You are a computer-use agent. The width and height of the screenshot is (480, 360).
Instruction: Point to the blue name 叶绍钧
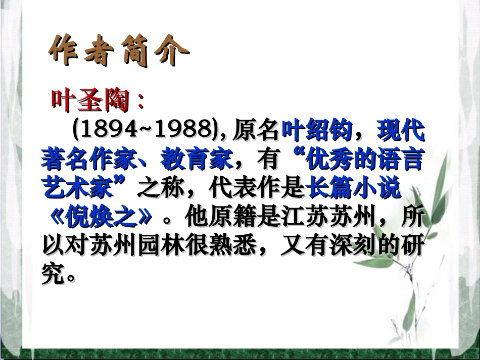pos(316,131)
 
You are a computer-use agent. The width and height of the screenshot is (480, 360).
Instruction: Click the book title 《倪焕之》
pos(101,218)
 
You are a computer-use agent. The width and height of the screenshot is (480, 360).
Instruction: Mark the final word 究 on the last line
pos(53,275)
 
